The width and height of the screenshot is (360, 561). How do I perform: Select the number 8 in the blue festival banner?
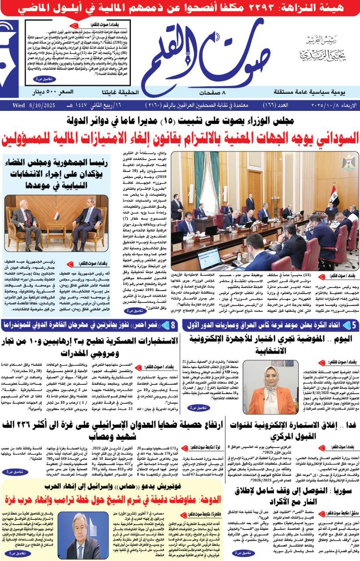[173, 325]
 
